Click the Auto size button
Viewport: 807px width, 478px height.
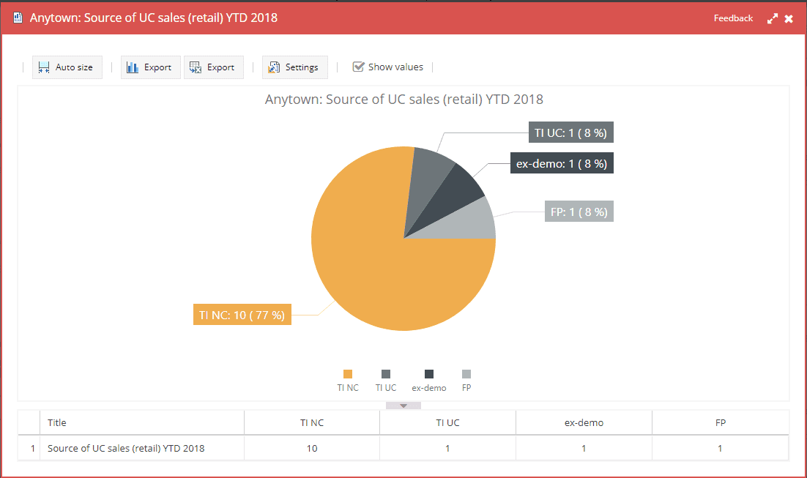click(67, 67)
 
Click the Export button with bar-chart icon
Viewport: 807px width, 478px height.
click(149, 67)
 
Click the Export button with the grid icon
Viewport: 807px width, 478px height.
click(213, 67)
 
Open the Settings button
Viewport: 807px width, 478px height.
click(294, 67)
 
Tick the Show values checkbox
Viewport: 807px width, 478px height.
click(358, 67)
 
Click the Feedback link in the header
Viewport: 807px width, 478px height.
click(733, 18)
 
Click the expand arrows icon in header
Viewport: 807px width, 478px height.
click(773, 19)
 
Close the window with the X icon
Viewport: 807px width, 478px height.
click(789, 19)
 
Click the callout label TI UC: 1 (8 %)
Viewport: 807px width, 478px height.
click(570, 133)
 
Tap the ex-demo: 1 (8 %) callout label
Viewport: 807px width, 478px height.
click(562, 164)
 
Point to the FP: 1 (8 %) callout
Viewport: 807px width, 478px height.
click(579, 212)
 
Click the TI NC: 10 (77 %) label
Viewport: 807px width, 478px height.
click(242, 315)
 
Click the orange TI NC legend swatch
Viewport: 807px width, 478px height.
click(348, 374)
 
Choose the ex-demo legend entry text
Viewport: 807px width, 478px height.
click(429, 388)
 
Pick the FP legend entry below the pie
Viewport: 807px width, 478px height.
click(466, 388)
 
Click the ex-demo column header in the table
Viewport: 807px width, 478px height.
click(584, 422)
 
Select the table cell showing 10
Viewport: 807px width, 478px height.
click(312, 448)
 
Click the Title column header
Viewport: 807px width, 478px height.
click(57, 422)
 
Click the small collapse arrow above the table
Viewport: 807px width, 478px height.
click(403, 405)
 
